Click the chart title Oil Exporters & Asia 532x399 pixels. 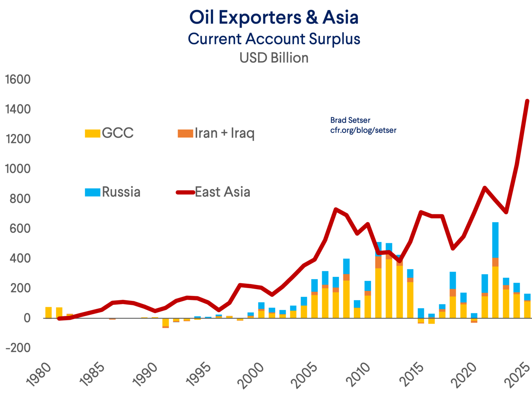pyautogui.click(x=274, y=17)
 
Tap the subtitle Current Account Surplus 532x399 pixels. pyautogui.click(x=274, y=39)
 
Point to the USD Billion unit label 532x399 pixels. pyautogui.click(x=274, y=58)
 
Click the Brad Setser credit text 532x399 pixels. pyautogui.click(x=350, y=120)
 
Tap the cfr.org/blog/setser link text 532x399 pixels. pyautogui.click(x=363, y=130)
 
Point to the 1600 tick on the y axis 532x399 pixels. pyautogui.click(x=18, y=80)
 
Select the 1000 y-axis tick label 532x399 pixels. pyautogui.click(x=18, y=169)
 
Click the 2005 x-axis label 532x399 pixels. pyautogui.click(x=304, y=375)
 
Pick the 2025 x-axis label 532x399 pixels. pyautogui.click(x=517, y=375)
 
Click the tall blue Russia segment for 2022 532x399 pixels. pyautogui.click(x=495, y=240)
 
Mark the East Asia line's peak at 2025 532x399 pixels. pyautogui.click(x=527, y=101)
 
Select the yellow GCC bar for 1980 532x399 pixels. pyautogui.click(x=48, y=312)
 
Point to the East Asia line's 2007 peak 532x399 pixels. pyautogui.click(x=336, y=209)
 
